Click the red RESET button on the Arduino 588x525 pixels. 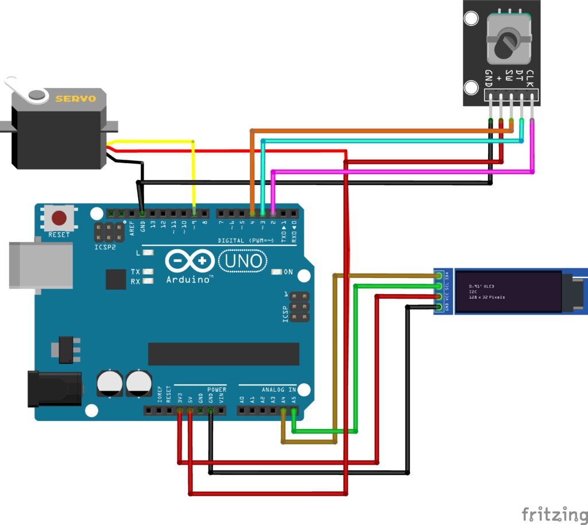(x=59, y=218)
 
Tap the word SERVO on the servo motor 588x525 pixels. (x=75, y=99)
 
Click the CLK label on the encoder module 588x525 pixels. (x=530, y=76)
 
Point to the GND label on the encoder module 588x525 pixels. (x=489, y=76)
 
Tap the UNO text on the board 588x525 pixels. (x=243, y=261)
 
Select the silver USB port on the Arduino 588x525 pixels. (x=40, y=265)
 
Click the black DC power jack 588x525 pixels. (x=55, y=389)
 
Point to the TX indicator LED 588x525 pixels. (x=148, y=272)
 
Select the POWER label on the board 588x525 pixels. (x=216, y=389)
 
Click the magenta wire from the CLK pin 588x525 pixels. (x=402, y=171)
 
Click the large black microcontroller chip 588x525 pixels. (x=223, y=354)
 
